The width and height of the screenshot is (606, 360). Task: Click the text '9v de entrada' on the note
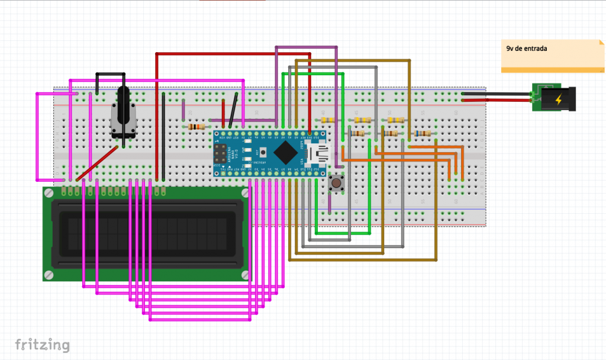click(526, 49)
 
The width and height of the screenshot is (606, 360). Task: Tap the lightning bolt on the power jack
click(558, 99)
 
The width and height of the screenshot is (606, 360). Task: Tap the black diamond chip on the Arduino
click(285, 153)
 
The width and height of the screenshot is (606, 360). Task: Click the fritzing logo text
click(42, 345)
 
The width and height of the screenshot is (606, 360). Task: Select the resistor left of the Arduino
click(196, 126)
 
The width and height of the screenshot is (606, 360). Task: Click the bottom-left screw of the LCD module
click(49, 275)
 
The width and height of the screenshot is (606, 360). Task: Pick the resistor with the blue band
click(423, 134)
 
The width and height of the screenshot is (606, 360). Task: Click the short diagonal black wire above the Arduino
click(234, 110)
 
